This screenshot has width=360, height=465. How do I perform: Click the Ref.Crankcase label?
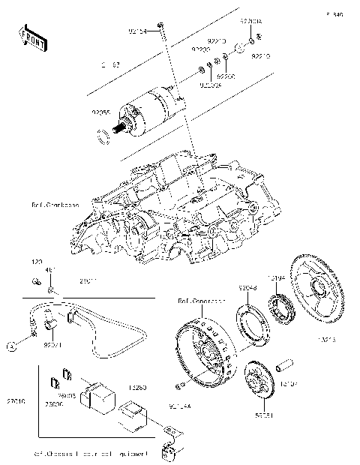[57, 203]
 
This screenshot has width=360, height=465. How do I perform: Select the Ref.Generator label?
[201, 301]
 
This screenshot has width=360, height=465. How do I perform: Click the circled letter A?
[12, 346]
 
